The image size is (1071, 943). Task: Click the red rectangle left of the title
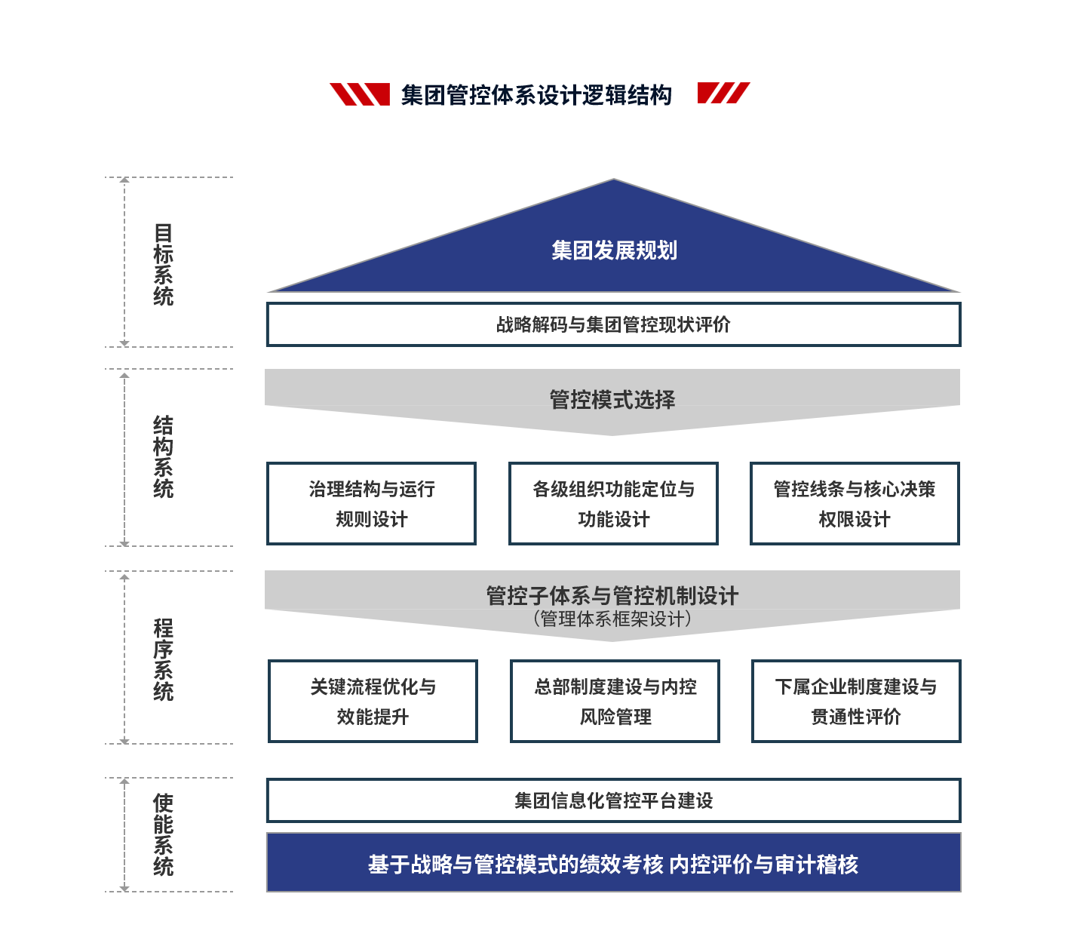click(x=359, y=94)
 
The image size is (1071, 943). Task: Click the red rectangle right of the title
click(x=723, y=93)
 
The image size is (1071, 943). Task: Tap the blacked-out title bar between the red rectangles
click(x=537, y=95)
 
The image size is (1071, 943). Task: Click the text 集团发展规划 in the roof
click(x=614, y=250)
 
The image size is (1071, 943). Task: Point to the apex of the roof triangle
click(x=614, y=180)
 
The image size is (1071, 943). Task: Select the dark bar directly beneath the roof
click(x=612, y=324)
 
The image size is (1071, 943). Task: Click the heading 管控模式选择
click(x=612, y=400)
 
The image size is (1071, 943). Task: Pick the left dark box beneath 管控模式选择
click(x=371, y=503)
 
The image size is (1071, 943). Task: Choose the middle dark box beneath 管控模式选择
click(x=613, y=503)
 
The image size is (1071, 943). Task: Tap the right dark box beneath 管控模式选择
click(x=855, y=503)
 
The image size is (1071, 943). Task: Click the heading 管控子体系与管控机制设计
click(x=612, y=596)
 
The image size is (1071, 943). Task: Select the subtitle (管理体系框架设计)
click(x=612, y=619)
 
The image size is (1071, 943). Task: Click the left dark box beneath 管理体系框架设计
click(x=373, y=701)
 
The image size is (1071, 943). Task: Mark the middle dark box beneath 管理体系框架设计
click(x=615, y=701)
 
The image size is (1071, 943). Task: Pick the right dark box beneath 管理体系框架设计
click(x=856, y=701)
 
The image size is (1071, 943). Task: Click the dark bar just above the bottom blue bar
click(x=612, y=800)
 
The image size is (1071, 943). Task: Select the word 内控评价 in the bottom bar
click(x=710, y=865)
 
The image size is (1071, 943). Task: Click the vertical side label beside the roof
click(x=163, y=264)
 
